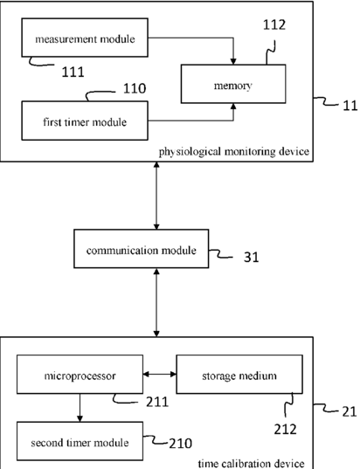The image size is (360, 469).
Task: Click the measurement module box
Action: pyautogui.click(x=85, y=38)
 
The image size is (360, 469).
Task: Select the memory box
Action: pyautogui.click(x=233, y=84)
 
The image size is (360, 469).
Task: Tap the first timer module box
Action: pyautogui.click(x=85, y=121)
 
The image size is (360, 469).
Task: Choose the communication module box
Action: pyautogui.click(x=142, y=249)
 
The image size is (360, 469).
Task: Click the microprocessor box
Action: pyautogui.click(x=80, y=374)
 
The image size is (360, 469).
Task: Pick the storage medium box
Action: pyautogui.click(x=239, y=374)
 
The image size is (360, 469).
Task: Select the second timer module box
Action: pyautogui.click(x=80, y=441)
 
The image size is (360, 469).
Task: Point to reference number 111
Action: pyautogui.click(x=73, y=72)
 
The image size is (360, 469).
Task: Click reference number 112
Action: pyautogui.click(x=274, y=24)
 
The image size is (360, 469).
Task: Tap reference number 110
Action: pyautogui.click(x=135, y=88)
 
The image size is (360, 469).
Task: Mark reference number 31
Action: pyautogui.click(x=251, y=258)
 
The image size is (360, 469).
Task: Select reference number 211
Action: pyautogui.click(x=157, y=402)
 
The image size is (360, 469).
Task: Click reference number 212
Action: pyautogui.click(x=285, y=430)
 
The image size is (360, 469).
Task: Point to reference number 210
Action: pyautogui.click(x=181, y=444)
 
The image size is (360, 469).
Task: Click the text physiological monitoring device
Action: pyautogui.click(x=233, y=152)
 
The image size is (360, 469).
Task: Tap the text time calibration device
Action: pyautogui.click(x=251, y=463)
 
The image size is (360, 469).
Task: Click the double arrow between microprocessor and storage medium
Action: pyautogui.click(x=160, y=374)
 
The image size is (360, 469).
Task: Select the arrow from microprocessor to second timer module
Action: pyautogui.click(x=80, y=408)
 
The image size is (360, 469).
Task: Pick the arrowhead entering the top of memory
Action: pyautogui.click(x=233, y=61)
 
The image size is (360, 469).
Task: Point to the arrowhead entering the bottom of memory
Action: pyautogui.click(x=233, y=107)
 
